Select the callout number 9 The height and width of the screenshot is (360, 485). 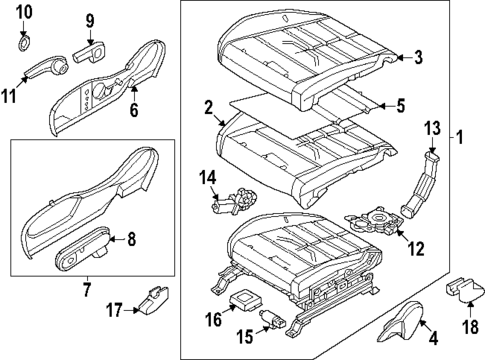tap(89, 21)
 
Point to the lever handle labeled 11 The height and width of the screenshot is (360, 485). tap(42, 71)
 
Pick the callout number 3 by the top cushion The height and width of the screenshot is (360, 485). tap(419, 58)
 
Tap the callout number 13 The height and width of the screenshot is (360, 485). tap(432, 127)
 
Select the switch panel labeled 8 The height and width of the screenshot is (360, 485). tap(81, 244)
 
